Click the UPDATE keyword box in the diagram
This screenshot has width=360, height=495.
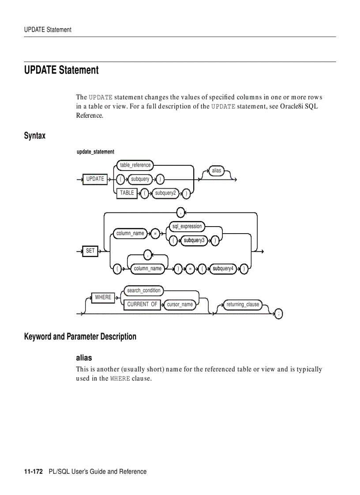[95, 179]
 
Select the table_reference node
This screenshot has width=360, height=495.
[135, 165]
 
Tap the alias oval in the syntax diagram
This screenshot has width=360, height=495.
[216, 171]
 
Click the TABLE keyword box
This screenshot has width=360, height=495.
[127, 193]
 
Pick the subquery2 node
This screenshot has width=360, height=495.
[165, 193]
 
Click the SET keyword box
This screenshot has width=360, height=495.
[90, 251]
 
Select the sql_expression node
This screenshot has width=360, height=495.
[187, 227]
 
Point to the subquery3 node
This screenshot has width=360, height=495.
[194, 240]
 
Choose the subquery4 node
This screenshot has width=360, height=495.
[223, 268]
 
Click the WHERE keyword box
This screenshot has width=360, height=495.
[103, 298]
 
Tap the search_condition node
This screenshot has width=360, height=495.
[144, 290]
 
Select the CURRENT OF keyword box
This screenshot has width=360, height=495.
[142, 305]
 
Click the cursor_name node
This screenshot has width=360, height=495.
[180, 305]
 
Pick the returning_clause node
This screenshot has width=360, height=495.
[243, 305]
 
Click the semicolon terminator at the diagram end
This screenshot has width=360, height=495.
[278, 314]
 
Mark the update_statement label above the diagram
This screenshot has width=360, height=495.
[95, 152]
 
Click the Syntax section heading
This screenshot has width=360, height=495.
[35, 136]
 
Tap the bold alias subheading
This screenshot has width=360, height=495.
[84, 357]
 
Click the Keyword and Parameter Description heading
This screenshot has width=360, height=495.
[80, 337]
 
